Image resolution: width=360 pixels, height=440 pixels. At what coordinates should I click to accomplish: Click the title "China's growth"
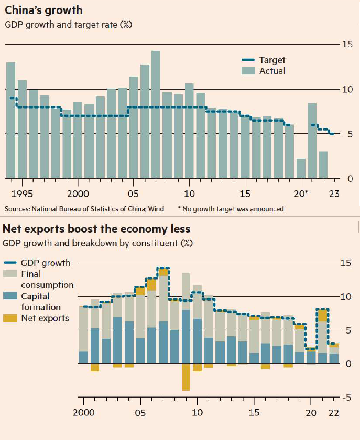[42, 10]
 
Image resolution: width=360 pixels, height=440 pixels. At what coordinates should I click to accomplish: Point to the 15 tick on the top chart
[346, 45]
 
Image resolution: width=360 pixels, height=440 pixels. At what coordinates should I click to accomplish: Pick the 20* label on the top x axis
[302, 193]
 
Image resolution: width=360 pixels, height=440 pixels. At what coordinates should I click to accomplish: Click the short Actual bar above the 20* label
[301, 168]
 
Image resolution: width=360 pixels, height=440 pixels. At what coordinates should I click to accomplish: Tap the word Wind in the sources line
[157, 209]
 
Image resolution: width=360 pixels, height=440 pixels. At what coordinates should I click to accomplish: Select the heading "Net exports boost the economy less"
[96, 229]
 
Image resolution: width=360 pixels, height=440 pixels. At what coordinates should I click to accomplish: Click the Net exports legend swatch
[11, 318]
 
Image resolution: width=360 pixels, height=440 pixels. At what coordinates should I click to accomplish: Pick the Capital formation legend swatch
[11, 296]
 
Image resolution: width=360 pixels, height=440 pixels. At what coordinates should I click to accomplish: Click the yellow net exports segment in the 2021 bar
[322, 316]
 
